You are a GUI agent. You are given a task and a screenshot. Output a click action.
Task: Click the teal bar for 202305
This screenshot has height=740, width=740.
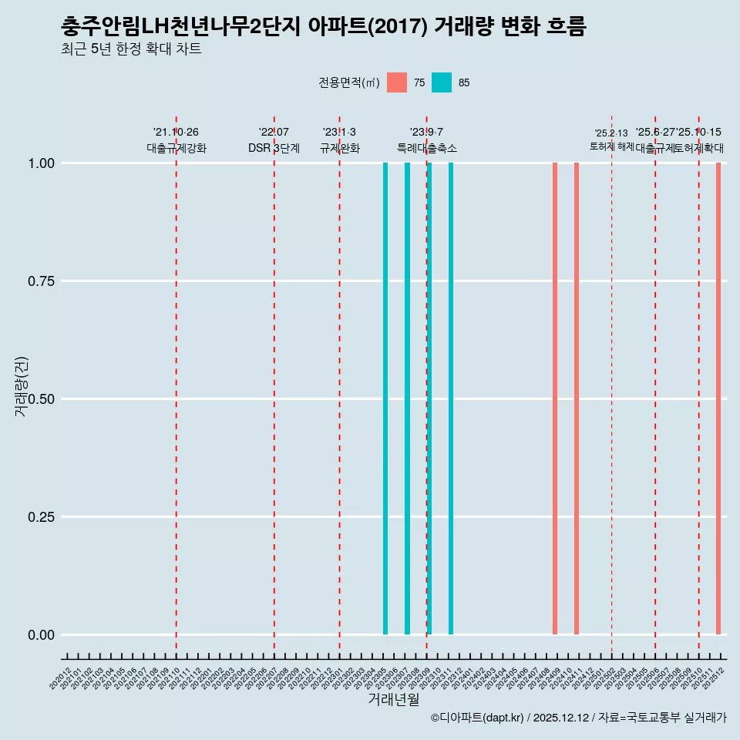(385, 399)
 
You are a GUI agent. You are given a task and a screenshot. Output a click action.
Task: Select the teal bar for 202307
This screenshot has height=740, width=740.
(407, 399)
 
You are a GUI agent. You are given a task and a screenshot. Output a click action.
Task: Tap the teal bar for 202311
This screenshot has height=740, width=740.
(451, 399)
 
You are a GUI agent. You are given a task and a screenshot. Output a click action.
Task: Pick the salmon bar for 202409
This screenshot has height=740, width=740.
(555, 399)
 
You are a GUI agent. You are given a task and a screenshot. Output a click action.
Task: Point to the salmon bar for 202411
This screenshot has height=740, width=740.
(577, 399)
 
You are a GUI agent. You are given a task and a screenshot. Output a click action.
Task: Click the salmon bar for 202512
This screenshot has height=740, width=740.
(718, 399)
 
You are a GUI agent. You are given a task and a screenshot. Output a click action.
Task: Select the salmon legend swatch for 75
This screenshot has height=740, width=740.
(397, 82)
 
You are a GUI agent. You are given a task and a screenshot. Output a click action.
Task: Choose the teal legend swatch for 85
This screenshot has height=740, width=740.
(442, 82)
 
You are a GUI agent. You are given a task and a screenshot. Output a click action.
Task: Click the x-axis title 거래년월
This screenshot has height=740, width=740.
(393, 700)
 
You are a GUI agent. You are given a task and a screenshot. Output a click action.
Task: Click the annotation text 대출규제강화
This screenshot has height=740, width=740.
(177, 148)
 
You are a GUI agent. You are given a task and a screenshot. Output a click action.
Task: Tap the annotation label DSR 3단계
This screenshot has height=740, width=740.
(274, 148)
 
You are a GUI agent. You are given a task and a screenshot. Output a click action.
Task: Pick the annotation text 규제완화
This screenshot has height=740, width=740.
(340, 148)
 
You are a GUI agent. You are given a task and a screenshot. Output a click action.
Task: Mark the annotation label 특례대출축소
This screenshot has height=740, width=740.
(427, 148)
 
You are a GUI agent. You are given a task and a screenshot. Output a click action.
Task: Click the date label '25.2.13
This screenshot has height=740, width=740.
(611, 133)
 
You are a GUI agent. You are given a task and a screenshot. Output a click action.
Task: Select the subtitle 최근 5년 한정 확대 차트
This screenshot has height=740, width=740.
(131, 49)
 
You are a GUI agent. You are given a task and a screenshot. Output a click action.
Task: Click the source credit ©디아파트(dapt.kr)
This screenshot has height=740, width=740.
(477, 718)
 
